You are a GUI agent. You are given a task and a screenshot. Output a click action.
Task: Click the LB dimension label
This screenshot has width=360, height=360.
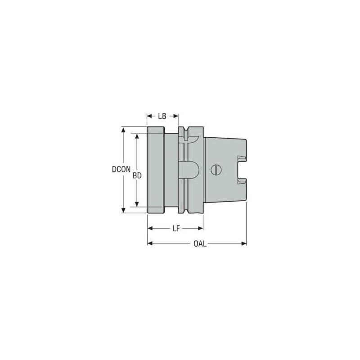[x=162, y=116]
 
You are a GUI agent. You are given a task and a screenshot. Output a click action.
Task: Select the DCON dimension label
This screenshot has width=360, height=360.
[x=121, y=170]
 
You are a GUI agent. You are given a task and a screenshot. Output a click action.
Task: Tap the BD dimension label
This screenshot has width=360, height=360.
[x=138, y=176]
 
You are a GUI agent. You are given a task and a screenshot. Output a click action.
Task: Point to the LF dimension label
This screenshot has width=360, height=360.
[x=176, y=229]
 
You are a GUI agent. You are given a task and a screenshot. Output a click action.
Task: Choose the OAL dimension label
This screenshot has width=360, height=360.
[x=200, y=244]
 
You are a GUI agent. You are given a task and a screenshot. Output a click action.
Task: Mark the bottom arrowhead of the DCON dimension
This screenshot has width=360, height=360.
[x=123, y=211]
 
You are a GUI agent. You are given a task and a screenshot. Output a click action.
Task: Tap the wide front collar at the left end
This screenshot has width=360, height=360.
[x=155, y=170]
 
